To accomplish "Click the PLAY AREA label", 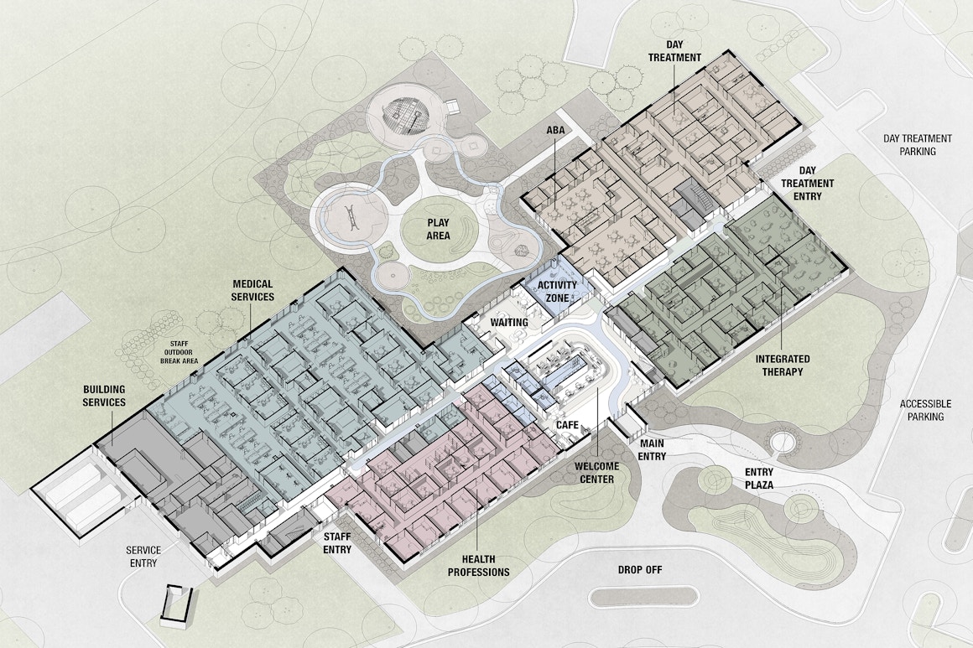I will click(x=438, y=229).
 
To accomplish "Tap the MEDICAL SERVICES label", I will click(x=252, y=291).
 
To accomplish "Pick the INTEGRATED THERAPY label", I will click(x=783, y=365).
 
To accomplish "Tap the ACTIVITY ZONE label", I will click(x=557, y=291).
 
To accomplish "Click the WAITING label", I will click(x=509, y=323).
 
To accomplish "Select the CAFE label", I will click(x=568, y=426).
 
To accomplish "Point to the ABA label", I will click(x=555, y=130).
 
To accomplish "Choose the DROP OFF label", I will click(x=640, y=570).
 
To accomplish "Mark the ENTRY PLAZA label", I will click(x=758, y=480).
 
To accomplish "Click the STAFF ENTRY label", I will click(x=337, y=542).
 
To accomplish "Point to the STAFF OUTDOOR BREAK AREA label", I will click(x=180, y=350).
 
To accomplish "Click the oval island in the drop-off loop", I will click(x=643, y=598).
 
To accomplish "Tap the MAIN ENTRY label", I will click(x=652, y=449).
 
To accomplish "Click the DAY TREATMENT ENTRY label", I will click(x=807, y=183).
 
